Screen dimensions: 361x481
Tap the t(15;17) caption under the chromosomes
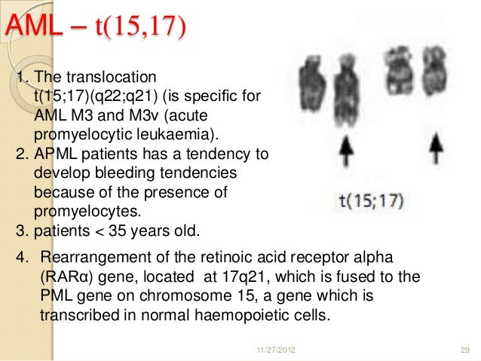coord(369,201)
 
